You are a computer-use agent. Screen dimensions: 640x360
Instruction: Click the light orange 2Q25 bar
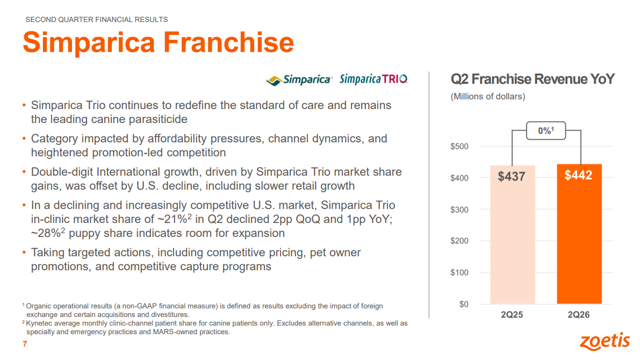[x=512, y=235]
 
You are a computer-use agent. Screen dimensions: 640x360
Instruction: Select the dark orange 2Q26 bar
[x=579, y=234]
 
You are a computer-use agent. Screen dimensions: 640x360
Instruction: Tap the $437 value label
[x=512, y=177]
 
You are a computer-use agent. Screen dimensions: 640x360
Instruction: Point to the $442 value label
[x=578, y=176]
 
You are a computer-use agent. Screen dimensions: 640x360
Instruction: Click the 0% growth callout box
[x=546, y=131]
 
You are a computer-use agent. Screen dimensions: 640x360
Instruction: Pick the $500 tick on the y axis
[x=459, y=147]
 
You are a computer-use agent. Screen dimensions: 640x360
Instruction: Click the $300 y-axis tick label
[x=459, y=210]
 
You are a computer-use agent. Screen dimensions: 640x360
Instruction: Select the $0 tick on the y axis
[x=464, y=304]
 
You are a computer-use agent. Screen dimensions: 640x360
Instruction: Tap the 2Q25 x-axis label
[x=512, y=315]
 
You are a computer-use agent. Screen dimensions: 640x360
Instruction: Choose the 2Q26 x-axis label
[x=579, y=315]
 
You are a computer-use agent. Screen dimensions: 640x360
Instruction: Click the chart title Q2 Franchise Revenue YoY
[x=532, y=79]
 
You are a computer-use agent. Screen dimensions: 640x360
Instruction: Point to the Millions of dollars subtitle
[x=488, y=97]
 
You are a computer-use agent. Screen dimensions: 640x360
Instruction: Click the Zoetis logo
[x=605, y=341]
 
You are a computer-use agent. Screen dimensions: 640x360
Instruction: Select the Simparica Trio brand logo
[x=373, y=79]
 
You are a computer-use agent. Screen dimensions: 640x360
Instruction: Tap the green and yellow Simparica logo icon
[x=274, y=81]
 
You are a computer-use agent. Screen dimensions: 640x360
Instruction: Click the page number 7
[x=25, y=344]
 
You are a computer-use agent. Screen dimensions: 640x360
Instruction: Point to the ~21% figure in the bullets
[x=175, y=219]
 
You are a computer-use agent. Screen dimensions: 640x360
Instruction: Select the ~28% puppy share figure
[x=48, y=233]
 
